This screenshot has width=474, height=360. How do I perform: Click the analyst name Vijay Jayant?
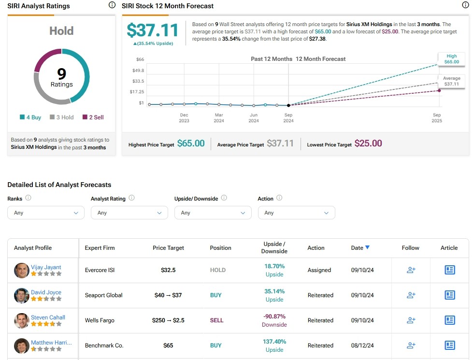pyautogui.click(x=46, y=267)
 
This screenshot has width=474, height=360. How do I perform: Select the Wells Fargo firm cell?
pyautogui.click(x=100, y=320)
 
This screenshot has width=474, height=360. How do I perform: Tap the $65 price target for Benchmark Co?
pyautogui.click(x=168, y=346)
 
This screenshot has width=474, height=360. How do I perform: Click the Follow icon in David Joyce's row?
pyautogui.click(x=411, y=295)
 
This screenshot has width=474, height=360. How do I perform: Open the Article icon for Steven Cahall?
pyautogui.click(x=449, y=320)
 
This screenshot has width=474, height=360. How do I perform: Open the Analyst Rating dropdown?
pyautogui.click(x=129, y=213)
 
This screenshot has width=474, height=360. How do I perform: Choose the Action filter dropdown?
pyautogui.click(x=296, y=213)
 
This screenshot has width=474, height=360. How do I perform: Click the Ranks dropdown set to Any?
pyautogui.click(x=46, y=213)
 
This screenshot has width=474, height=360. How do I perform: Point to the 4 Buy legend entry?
pyautogui.click(x=30, y=117)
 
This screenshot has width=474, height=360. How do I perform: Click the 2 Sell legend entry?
pyautogui.click(x=93, y=117)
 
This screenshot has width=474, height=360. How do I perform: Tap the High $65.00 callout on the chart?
pyautogui.click(x=451, y=59)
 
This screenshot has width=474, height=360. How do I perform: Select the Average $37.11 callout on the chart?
pyautogui.click(x=451, y=81)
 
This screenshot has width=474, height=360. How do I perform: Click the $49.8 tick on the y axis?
pyautogui.click(x=138, y=71)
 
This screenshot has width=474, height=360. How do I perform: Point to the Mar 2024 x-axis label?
pyautogui.click(x=219, y=118)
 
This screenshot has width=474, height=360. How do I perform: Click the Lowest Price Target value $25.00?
pyautogui.click(x=368, y=144)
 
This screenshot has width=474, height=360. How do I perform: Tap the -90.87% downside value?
pyautogui.click(x=274, y=317)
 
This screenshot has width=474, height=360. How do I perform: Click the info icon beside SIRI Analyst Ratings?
pyautogui.click(x=112, y=5)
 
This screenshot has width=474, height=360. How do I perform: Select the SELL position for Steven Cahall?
pyautogui.click(x=216, y=320)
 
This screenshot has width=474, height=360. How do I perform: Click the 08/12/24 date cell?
pyautogui.click(x=362, y=346)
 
